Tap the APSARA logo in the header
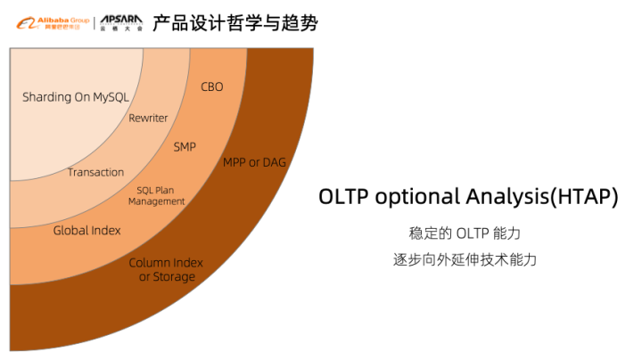click(120, 21)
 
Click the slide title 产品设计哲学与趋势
click(235, 22)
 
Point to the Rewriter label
click(148, 119)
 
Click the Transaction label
click(95, 172)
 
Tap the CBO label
click(212, 87)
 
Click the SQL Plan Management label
click(156, 195)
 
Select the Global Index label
click(86, 231)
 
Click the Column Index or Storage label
click(166, 269)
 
